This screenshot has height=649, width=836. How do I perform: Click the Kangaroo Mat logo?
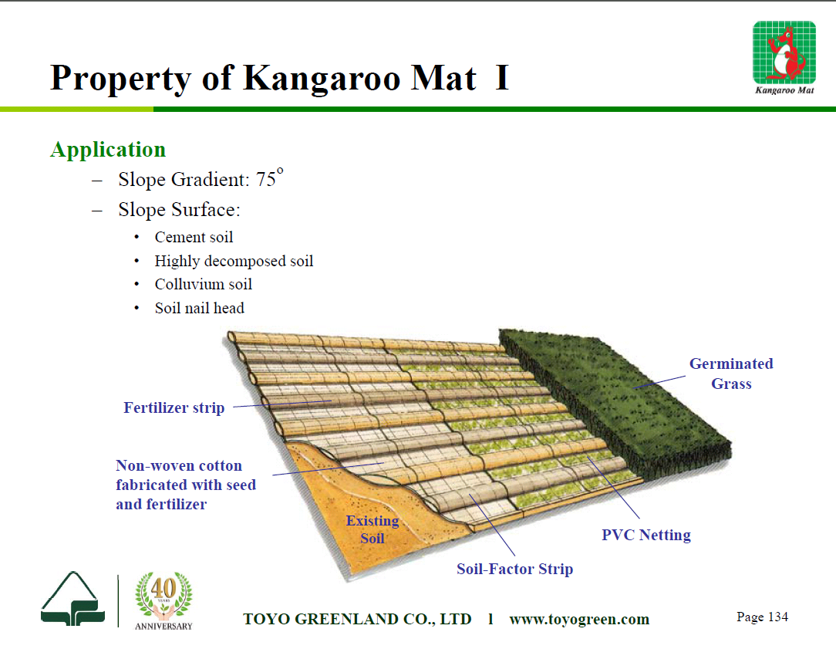(x=784, y=58)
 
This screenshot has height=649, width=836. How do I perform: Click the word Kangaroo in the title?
(x=322, y=79)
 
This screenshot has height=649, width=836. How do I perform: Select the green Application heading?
(x=108, y=150)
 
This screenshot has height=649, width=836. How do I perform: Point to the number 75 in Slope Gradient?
(x=265, y=179)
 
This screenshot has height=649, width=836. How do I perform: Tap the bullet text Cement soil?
(x=194, y=237)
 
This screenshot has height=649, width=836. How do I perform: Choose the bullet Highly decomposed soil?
(x=234, y=261)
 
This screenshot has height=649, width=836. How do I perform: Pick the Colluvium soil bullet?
(x=203, y=284)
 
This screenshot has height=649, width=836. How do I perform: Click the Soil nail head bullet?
(x=200, y=308)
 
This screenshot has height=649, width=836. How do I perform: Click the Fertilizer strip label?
(x=174, y=408)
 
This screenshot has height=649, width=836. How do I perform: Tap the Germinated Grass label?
(x=731, y=374)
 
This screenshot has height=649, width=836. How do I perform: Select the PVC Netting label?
(x=646, y=535)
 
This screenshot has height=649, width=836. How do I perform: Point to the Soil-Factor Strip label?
(x=514, y=569)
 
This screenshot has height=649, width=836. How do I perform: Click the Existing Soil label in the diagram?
(x=372, y=529)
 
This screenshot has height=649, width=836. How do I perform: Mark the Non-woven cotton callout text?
(x=186, y=485)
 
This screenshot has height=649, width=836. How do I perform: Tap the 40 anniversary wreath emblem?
(x=163, y=601)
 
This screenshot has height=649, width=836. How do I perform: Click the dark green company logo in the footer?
(x=72, y=599)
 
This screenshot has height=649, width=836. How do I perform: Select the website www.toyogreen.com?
(x=579, y=619)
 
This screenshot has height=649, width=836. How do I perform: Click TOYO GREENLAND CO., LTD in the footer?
(x=357, y=619)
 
